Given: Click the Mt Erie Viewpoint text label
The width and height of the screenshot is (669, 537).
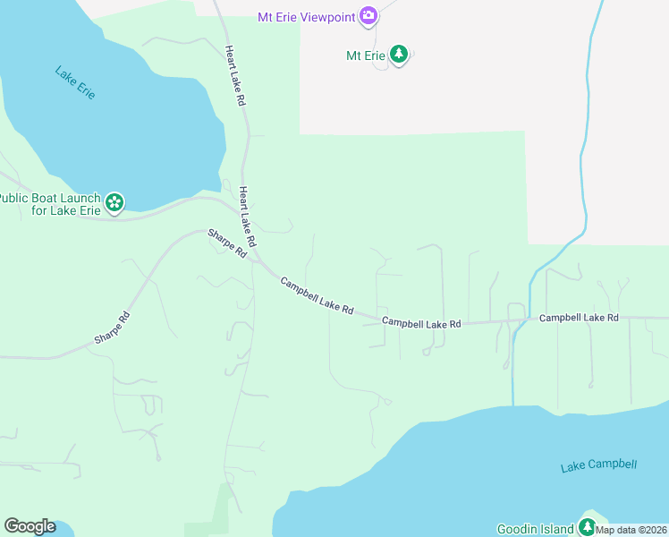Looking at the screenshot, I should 307,16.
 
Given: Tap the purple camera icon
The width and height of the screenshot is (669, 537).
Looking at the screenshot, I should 368,16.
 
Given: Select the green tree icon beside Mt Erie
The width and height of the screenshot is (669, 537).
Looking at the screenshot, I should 399,55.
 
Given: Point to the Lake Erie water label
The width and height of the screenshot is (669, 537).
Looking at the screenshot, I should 75,82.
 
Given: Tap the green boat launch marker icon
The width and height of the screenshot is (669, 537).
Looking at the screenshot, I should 114,204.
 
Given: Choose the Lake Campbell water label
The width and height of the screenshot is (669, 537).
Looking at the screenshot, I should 598,465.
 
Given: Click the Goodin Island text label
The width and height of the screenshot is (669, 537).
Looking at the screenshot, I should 535,529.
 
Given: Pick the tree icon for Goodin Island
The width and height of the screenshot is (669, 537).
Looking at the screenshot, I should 587,527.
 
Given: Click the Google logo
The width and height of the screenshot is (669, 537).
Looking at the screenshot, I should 30,526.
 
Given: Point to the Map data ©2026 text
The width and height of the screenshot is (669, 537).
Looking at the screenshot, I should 631,530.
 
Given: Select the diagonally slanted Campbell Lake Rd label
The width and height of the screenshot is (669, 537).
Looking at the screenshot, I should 317,295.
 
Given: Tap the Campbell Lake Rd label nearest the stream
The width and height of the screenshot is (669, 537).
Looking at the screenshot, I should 579,318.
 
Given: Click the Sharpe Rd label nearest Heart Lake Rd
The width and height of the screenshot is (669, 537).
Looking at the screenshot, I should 227,243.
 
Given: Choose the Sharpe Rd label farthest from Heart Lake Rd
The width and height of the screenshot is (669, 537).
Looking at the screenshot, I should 113,328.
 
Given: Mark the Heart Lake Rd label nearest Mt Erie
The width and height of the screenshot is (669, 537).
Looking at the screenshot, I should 235,77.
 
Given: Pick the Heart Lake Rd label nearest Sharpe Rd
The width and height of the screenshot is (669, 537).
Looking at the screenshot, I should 248,217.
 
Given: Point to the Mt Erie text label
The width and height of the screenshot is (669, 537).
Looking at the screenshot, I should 365,55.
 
